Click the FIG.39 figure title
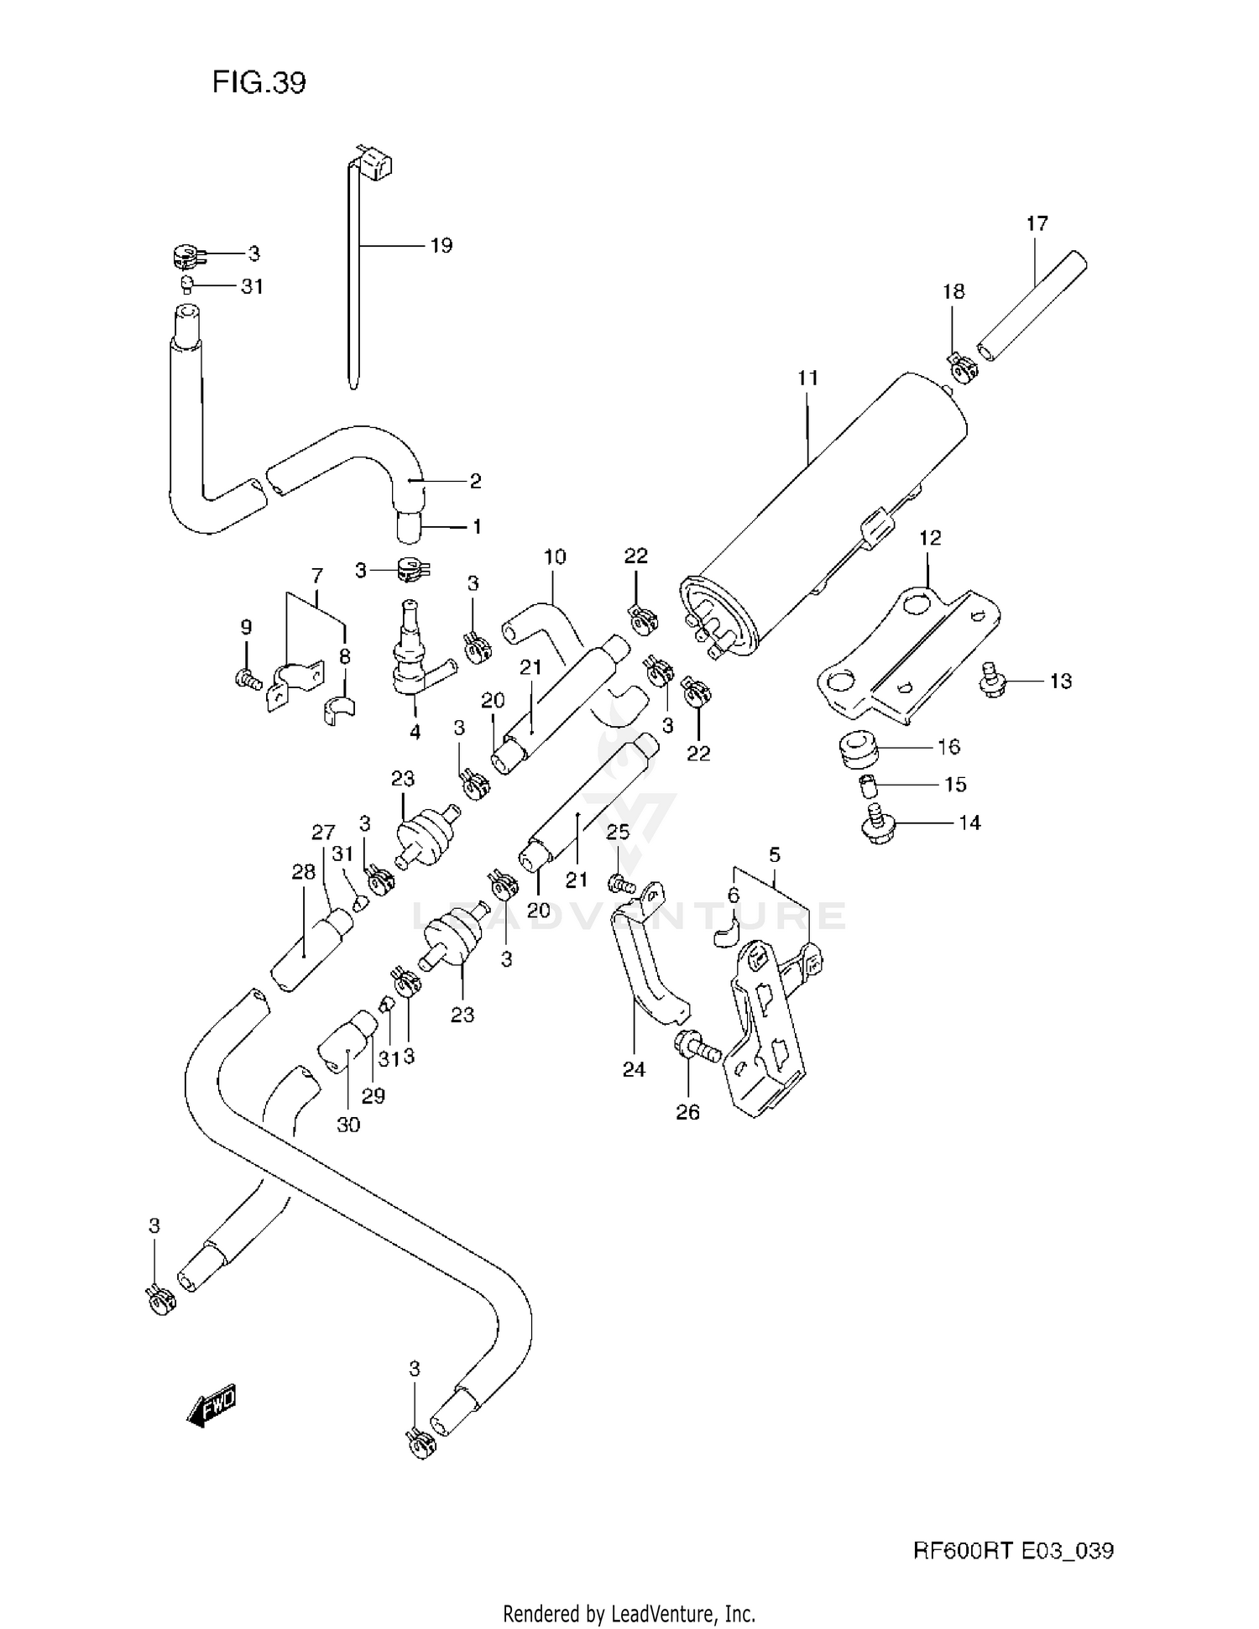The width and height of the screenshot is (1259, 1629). click(x=259, y=82)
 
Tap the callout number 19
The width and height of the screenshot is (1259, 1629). click(x=441, y=245)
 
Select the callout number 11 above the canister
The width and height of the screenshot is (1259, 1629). click(x=807, y=378)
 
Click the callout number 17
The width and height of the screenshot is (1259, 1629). click(x=1037, y=223)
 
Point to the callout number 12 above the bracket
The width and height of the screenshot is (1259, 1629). click(x=930, y=537)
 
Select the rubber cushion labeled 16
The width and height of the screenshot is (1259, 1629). click(x=858, y=749)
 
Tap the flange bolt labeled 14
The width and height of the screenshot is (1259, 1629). click(x=879, y=823)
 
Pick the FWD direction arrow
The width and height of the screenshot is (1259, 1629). click(x=212, y=1404)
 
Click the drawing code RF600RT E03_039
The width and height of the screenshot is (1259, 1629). click(x=1013, y=1551)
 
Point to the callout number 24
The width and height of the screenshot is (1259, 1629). click(x=634, y=1069)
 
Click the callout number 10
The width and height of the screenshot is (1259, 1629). click(x=555, y=556)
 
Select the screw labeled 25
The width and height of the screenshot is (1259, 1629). click(x=619, y=883)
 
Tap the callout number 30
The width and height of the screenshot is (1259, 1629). click(x=347, y=1124)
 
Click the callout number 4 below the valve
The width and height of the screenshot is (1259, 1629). click(x=415, y=731)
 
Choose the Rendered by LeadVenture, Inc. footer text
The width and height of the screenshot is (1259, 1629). click(x=629, y=1613)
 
